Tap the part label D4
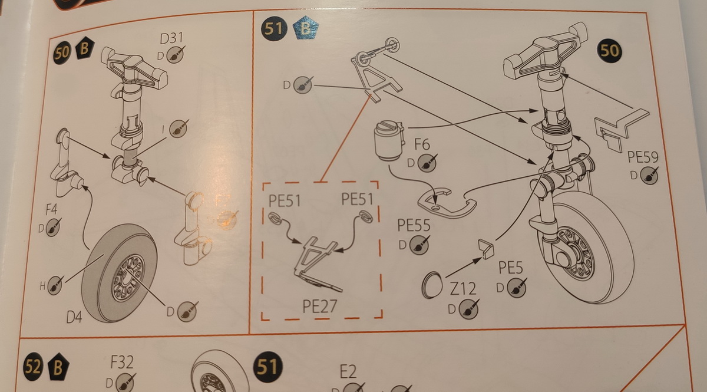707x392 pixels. point(74,317)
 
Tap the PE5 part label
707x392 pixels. point(511,268)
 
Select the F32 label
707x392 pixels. point(122,361)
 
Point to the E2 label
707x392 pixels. point(348,372)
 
